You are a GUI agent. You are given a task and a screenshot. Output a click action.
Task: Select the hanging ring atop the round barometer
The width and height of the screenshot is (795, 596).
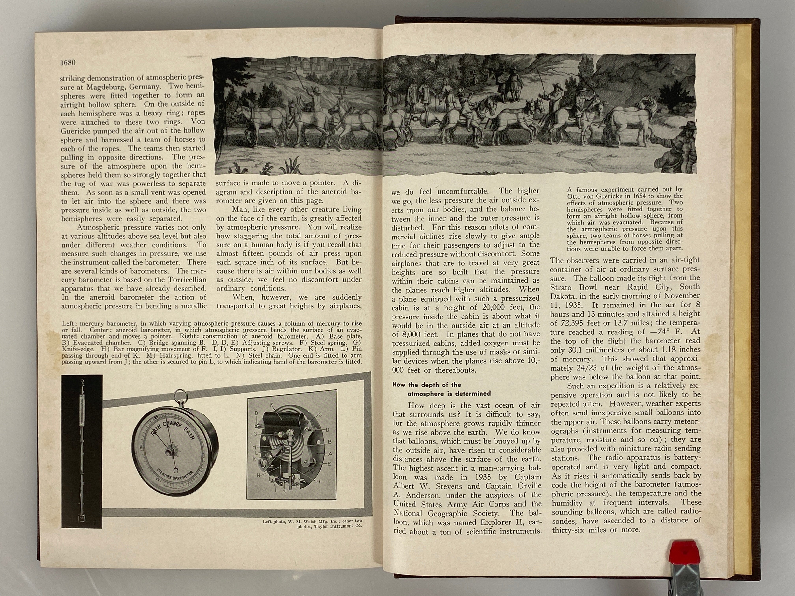coord(180,396)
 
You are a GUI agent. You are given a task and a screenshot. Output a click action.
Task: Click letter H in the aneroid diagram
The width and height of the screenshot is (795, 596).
coord(318,481)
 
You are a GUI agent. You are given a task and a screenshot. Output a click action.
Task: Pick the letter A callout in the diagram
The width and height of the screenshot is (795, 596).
coord(331,454)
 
